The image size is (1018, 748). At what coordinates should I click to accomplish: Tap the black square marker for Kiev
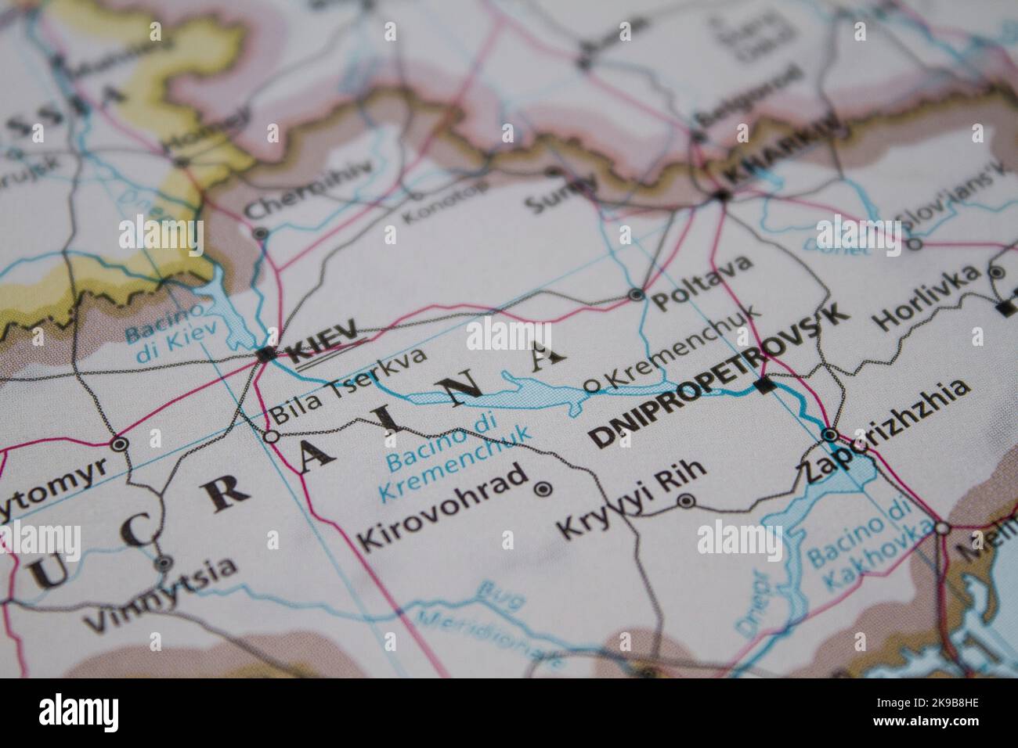(x=264, y=354)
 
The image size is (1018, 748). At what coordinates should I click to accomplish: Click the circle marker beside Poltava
(x=636, y=295)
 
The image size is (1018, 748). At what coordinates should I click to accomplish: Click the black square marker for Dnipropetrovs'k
(x=766, y=385)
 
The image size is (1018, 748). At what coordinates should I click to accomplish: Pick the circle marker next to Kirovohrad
(x=543, y=490)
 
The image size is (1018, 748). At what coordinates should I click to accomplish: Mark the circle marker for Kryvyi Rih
(x=686, y=501)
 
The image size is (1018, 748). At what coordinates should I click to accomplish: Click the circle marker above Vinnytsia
(x=162, y=562)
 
